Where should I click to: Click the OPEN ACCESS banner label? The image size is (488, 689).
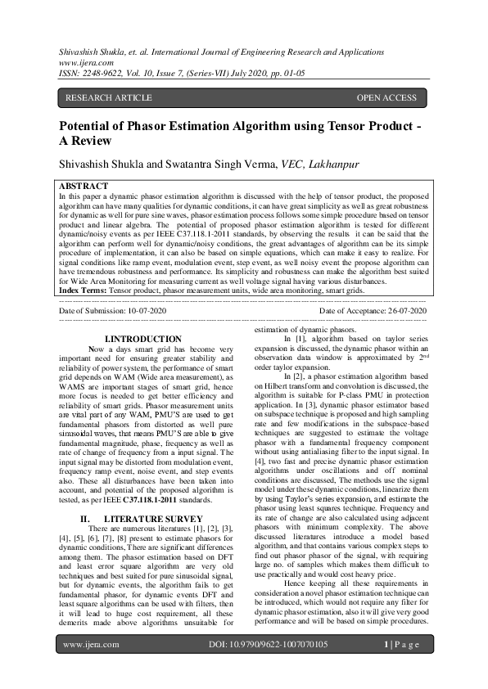click(x=386, y=98)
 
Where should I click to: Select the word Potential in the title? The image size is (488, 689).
click(x=88, y=128)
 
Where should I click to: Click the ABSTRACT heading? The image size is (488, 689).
click(x=84, y=187)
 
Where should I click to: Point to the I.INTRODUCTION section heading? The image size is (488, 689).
click(x=144, y=339)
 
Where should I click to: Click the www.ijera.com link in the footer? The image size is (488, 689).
click(x=88, y=668)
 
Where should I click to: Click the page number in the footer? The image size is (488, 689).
click(x=403, y=668)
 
